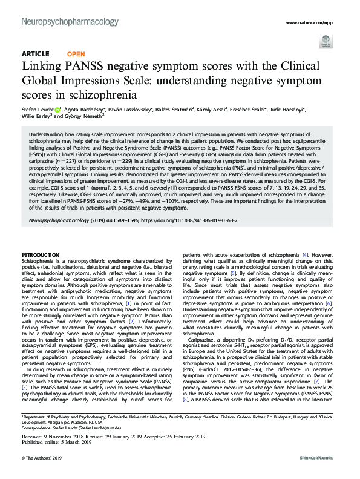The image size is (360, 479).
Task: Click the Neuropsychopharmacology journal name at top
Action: (70, 21)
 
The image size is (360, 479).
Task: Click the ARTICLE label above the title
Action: (35, 53)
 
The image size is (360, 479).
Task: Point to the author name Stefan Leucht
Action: (36, 110)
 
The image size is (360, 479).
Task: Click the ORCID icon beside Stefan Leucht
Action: (57, 110)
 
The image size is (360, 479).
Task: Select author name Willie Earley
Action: (38, 118)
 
